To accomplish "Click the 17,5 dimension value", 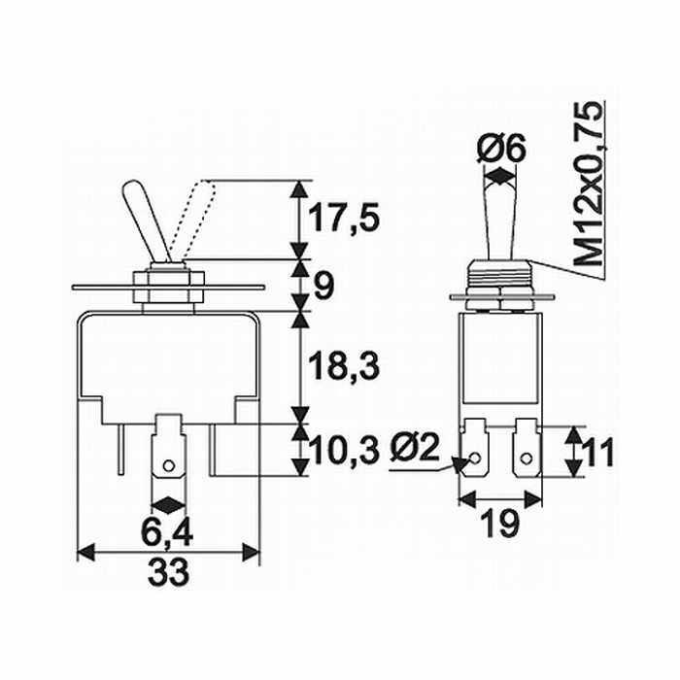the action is pyautogui.click(x=344, y=218).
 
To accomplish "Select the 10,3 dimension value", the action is pyautogui.click(x=344, y=451).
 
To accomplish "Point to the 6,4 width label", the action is pyautogui.click(x=167, y=533).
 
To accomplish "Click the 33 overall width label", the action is pyautogui.click(x=168, y=571).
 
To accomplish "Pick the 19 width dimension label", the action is pyautogui.click(x=499, y=524).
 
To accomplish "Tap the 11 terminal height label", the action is pyautogui.click(x=599, y=452).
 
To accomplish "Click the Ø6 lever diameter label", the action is pyautogui.click(x=501, y=149).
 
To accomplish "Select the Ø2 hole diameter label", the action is pyautogui.click(x=415, y=448).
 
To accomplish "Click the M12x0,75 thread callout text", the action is pyautogui.click(x=588, y=183).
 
